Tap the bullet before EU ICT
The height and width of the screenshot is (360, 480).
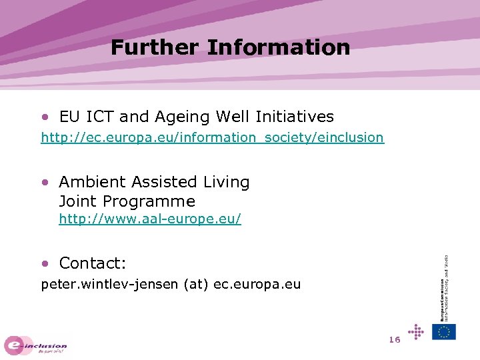45,117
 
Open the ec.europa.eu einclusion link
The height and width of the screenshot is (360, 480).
212,138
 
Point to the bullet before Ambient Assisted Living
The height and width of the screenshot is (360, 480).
45,181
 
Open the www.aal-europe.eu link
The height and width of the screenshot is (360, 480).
149,219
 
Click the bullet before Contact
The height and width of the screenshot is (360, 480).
45,263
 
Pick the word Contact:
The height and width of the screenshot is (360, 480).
93,263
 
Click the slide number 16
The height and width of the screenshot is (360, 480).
394,340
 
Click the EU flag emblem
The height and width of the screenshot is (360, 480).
444,331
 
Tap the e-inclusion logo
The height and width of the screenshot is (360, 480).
36,345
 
